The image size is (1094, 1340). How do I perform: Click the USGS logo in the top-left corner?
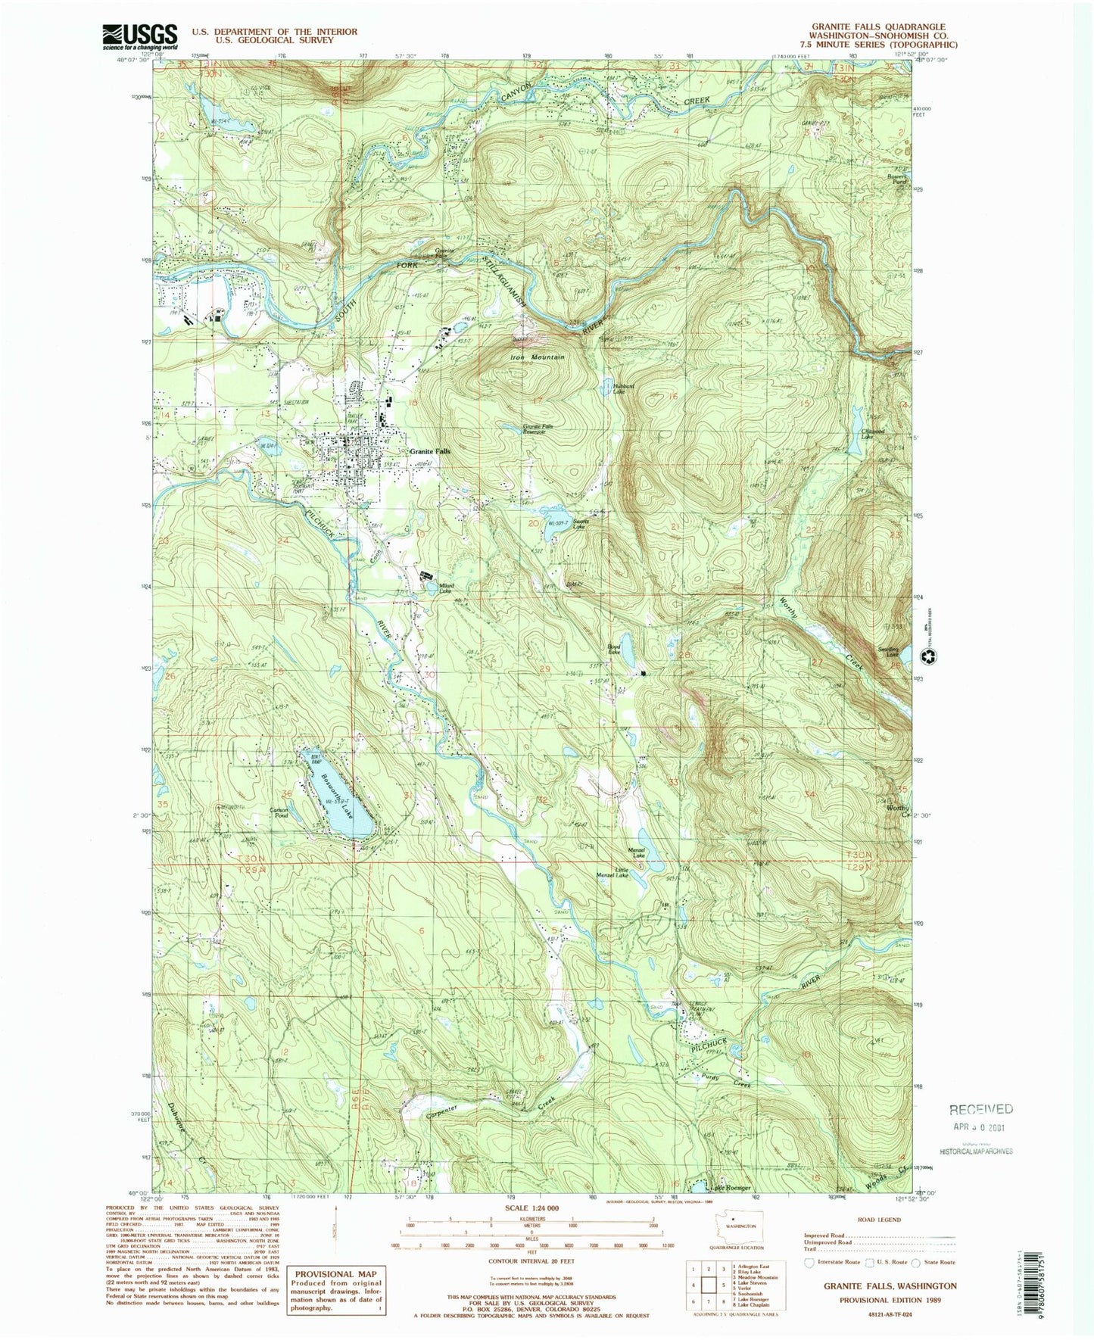(140, 36)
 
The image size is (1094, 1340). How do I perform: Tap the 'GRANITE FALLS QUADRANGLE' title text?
(882, 27)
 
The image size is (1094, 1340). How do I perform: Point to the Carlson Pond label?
(279, 813)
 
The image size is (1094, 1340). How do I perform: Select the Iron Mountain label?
(538, 357)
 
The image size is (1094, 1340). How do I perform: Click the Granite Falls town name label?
(429, 451)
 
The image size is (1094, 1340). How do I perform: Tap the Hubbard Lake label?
(619, 389)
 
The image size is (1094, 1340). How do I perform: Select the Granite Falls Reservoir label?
(544, 429)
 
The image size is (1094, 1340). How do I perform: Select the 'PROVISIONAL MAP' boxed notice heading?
(335, 1274)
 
